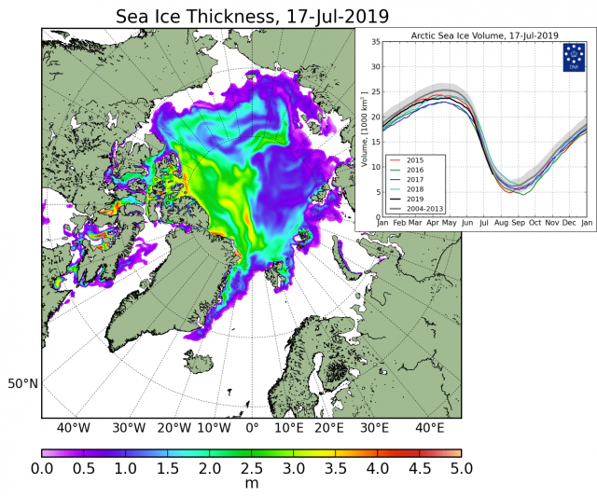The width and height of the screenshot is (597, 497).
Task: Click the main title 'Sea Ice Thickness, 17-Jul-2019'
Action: pos(252,16)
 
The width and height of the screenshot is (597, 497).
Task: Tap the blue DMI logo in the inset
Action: pos(573,57)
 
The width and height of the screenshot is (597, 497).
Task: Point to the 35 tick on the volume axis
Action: pos(375,42)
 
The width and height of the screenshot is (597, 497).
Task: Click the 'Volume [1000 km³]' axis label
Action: pos(365,130)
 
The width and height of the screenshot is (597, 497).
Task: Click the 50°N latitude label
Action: pos(23,383)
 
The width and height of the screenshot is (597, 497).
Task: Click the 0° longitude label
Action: pos(252,428)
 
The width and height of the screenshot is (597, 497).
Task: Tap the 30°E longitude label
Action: pos(374,428)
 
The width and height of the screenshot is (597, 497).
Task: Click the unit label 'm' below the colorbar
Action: pos(252,485)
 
